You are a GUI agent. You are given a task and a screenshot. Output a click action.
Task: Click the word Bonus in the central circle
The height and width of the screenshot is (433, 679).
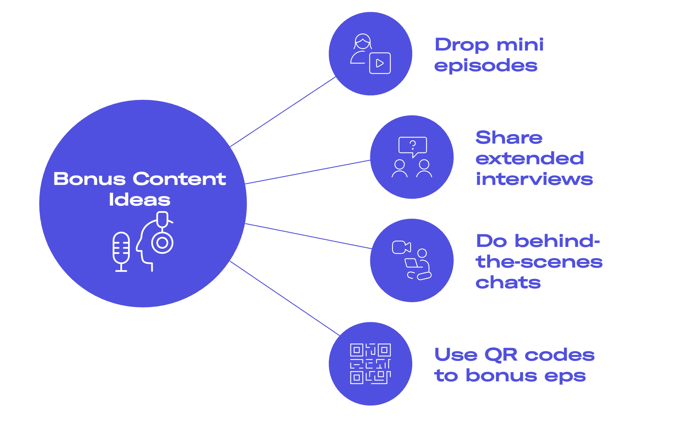point(90,179)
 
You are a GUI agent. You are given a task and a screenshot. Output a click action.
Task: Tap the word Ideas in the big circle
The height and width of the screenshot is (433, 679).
point(140,200)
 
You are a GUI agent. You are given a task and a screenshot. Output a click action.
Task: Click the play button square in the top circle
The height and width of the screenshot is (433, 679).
point(380,63)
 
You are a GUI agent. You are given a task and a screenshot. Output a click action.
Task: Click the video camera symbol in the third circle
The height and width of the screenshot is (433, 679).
point(401,247)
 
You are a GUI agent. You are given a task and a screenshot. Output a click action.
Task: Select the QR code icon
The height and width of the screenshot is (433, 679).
point(370,364)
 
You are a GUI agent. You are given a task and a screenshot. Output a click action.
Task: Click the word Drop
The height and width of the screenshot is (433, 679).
point(462,45)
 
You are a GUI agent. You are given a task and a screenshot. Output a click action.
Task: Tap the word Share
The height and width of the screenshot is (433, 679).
point(509,138)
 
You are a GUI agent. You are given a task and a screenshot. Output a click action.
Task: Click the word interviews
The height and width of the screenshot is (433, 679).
point(534,179)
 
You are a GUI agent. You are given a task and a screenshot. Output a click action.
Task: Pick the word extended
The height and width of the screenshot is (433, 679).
point(529,158)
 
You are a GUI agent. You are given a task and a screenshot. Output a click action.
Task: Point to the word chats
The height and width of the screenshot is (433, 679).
point(508,283)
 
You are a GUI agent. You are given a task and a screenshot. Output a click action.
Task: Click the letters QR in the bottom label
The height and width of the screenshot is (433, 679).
point(501,355)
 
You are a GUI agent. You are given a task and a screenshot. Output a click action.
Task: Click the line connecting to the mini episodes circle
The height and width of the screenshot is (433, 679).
point(283,112)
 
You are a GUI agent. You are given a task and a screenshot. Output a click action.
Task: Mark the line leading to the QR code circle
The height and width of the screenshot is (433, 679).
point(284,298)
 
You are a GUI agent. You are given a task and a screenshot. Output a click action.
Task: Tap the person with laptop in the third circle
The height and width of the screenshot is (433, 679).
point(419,266)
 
